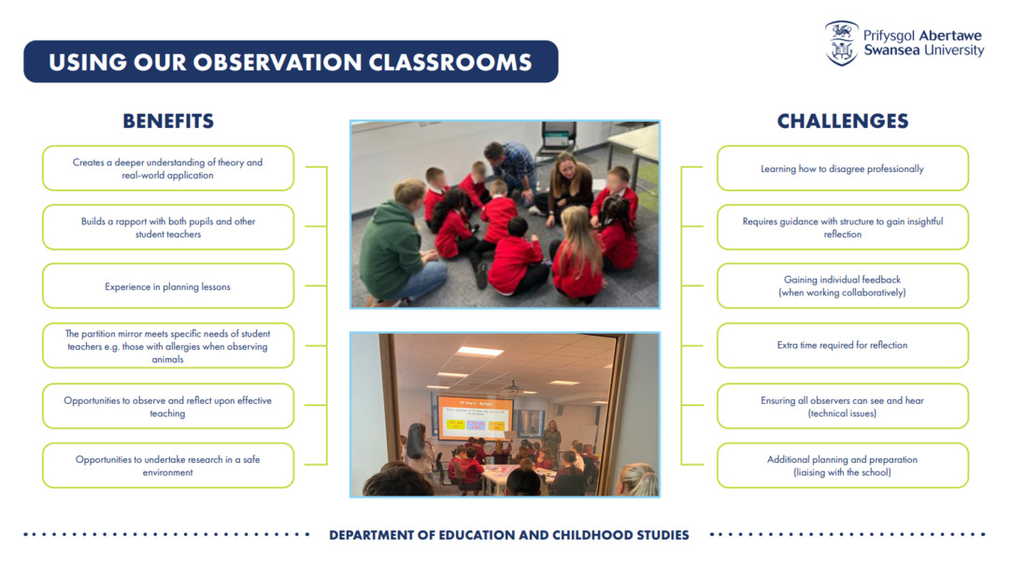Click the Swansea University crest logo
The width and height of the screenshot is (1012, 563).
[841, 43]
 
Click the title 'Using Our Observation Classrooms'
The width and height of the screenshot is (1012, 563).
[291, 62]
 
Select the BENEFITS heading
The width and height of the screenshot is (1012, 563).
[168, 122]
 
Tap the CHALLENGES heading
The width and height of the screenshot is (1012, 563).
[842, 122]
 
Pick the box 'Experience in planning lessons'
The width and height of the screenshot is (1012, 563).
[168, 286]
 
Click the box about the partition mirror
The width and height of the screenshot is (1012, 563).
[168, 346]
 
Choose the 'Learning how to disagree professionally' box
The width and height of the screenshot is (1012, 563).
[842, 168]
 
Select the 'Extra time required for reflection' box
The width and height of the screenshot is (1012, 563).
[842, 346]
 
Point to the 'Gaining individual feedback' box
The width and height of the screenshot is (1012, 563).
[842, 286]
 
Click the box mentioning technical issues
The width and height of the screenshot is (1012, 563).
[842, 406]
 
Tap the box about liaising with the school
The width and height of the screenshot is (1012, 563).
[842, 466]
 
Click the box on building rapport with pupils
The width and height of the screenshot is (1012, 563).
[168, 227]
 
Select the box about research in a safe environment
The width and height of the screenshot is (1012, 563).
[168, 466]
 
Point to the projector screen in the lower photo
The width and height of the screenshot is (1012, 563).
[475, 416]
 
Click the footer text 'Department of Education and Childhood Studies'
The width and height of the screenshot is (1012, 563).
[509, 535]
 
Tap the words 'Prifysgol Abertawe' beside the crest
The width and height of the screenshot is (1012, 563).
[922, 36]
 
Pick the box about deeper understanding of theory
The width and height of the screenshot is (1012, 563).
[168, 168]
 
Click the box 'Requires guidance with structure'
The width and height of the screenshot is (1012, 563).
[842, 227]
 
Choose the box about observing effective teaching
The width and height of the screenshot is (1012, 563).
[168, 406]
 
